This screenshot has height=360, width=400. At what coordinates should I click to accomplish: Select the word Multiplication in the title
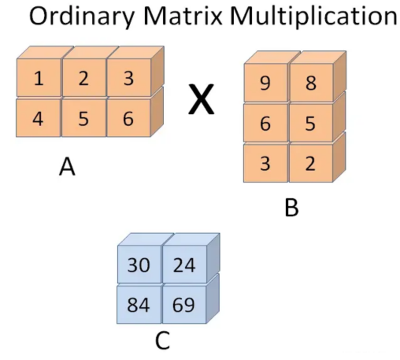click(x=313, y=17)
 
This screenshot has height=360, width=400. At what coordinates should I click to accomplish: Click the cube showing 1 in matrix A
click(x=39, y=78)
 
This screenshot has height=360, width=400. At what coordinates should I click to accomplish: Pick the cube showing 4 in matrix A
click(x=38, y=118)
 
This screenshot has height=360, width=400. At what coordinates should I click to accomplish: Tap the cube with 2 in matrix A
click(x=83, y=78)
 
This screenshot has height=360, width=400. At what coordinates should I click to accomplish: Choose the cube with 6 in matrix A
click(x=128, y=118)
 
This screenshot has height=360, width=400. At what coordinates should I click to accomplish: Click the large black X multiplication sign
click(x=202, y=99)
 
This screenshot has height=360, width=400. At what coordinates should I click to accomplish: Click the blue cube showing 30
click(x=139, y=265)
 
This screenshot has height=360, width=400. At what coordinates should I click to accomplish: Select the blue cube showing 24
click(x=184, y=265)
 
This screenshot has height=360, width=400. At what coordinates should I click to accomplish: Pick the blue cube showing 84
click(x=139, y=305)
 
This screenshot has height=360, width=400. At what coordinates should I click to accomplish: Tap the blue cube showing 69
click(x=184, y=305)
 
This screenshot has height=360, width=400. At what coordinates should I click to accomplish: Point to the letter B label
click(x=291, y=207)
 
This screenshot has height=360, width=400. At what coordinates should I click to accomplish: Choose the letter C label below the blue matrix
click(x=163, y=341)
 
